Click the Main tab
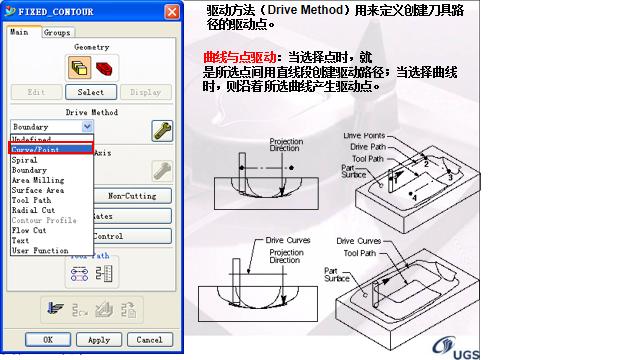click(19, 33)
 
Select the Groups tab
click(56, 33)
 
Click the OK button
click(46, 340)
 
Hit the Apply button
click(98, 340)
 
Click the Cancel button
click(149, 340)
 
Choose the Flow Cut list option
click(29, 230)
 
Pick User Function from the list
click(40, 250)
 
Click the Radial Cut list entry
click(34, 210)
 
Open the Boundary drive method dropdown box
click(52, 128)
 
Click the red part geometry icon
click(104, 68)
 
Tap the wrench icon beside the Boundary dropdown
click(160, 129)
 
